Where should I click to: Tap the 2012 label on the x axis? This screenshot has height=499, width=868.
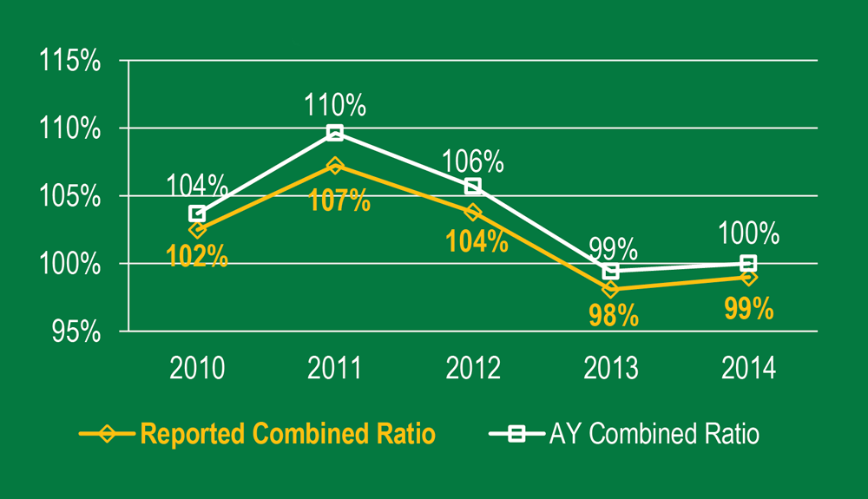[473, 368]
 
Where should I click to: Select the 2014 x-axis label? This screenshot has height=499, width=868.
[748, 368]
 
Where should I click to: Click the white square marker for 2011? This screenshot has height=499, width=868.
[335, 133]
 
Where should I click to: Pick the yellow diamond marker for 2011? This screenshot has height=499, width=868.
[335, 165]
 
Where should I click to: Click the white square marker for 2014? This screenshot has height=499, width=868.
[748, 263]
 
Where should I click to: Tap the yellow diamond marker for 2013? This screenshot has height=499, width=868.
[611, 288]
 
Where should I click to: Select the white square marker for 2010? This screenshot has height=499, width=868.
[197, 213]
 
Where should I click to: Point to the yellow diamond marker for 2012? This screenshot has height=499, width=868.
[473, 212]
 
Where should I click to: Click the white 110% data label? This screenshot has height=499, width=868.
[335, 106]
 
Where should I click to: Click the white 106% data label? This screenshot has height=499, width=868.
[473, 161]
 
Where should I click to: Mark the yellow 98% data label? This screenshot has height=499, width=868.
[613, 315]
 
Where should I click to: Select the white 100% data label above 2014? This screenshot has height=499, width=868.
[748, 234]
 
